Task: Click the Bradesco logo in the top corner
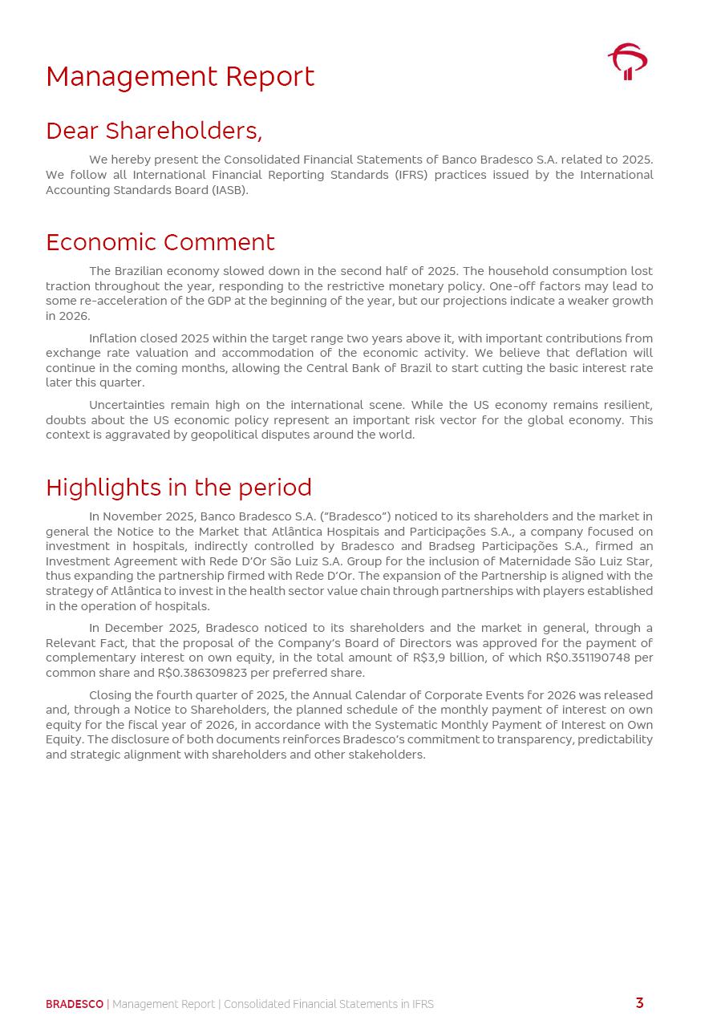[x=627, y=62]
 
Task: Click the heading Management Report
[x=180, y=77]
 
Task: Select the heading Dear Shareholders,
[x=154, y=131]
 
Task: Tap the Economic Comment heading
[x=160, y=242]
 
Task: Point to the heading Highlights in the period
[x=179, y=488]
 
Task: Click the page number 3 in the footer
[x=639, y=1003]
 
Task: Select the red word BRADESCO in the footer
[x=75, y=1004]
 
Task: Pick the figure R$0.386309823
[x=202, y=673]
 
